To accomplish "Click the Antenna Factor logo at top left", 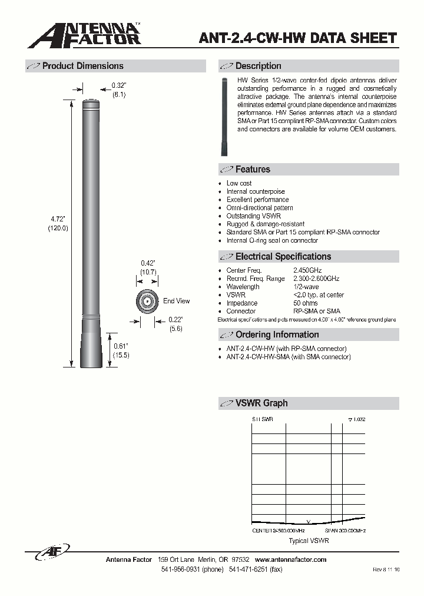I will pos(84,35).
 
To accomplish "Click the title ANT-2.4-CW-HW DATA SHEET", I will pos(299,38).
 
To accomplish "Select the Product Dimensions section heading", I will pos(82,66).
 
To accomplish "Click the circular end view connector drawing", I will pos(145,302).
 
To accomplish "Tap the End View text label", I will pos(176,301).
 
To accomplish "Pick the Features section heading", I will pos(253,170).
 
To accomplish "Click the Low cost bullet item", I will pos(239,183).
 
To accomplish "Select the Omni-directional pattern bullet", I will pos(260,208).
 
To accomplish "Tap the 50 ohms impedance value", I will pos(305,303).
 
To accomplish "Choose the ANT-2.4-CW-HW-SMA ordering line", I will pos(288,357).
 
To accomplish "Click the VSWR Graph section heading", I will pos(261,403).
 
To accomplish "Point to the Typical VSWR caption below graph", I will pos(309,541).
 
